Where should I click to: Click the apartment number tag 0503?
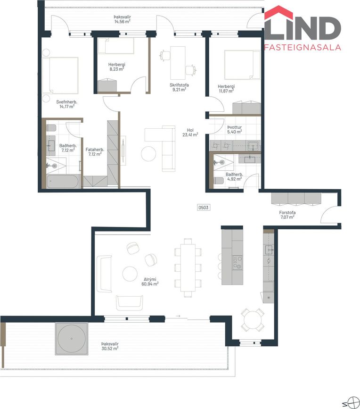click(x=204, y=208)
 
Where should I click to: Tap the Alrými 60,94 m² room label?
click(x=150, y=282)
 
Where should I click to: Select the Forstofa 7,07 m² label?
click(x=287, y=215)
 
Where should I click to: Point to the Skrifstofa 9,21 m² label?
click(x=179, y=87)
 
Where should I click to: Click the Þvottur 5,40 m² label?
click(x=235, y=129)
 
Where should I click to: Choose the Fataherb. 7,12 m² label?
click(x=95, y=152)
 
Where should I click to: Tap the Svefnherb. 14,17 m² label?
click(x=67, y=104)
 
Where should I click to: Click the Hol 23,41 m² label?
click(x=190, y=133)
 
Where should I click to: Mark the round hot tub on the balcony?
click(x=71, y=339)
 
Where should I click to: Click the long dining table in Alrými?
click(x=188, y=267)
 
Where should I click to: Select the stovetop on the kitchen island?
click(x=237, y=262)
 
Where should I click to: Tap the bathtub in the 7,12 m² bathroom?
click(x=63, y=181)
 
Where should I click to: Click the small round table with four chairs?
click(x=252, y=320)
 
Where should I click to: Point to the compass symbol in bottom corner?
click(x=351, y=403)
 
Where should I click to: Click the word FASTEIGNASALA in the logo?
click(x=303, y=47)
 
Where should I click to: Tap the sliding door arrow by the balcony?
click(x=178, y=316)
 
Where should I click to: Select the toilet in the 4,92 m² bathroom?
click(x=219, y=181)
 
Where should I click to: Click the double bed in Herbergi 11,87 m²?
click(x=242, y=65)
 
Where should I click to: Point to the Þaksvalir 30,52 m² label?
click(x=110, y=346)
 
